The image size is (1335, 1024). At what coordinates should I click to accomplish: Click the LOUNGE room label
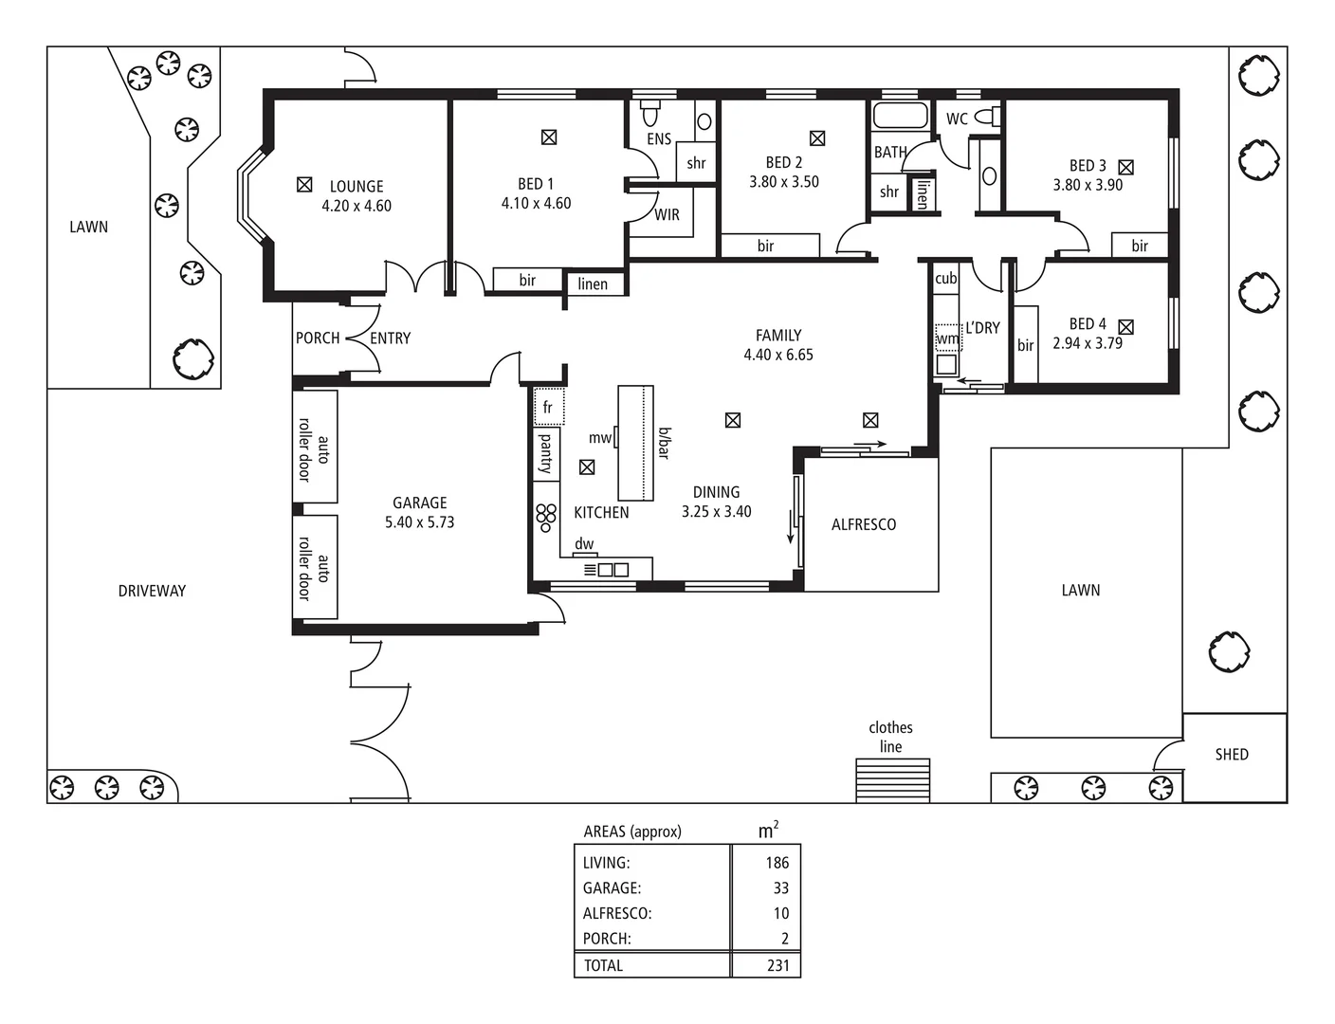[357, 186]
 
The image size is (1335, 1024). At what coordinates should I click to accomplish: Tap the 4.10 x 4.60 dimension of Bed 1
[536, 203]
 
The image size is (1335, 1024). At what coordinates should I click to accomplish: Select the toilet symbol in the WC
[988, 116]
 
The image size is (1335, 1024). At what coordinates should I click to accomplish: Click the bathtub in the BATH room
[900, 116]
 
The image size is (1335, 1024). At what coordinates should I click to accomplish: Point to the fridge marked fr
[548, 407]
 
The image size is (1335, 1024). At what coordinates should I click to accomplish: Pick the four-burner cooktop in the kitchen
[546, 518]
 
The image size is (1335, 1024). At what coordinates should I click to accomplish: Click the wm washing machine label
[947, 338]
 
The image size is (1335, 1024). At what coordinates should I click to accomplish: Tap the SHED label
[1232, 755]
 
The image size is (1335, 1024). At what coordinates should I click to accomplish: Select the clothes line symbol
[892, 780]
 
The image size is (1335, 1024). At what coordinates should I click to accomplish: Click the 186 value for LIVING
[777, 863]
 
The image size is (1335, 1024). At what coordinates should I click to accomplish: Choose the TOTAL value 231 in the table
[777, 965]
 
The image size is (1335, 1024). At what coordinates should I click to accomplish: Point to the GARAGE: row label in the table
[612, 888]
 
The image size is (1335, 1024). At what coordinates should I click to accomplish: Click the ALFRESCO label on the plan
[864, 524]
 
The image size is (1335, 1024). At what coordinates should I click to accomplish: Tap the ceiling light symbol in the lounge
[304, 184]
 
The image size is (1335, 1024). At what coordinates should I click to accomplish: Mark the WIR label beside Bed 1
[667, 215]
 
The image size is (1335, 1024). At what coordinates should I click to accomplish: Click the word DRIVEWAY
[152, 591]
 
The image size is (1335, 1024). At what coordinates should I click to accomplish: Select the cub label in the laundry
[946, 278]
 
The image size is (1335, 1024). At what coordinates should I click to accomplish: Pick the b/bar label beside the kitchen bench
[665, 443]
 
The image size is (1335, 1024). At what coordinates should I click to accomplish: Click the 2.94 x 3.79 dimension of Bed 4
[1088, 343]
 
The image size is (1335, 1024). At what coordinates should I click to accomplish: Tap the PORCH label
[318, 338]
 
